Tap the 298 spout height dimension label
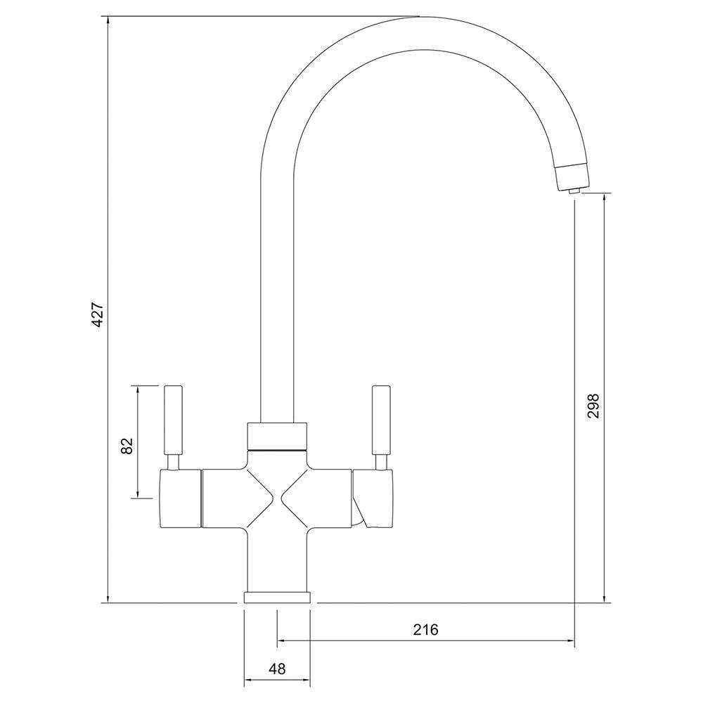(593, 406)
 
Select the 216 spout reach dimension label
(425, 629)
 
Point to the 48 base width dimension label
(277, 669)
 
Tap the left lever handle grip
(173, 420)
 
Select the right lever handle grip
(381, 420)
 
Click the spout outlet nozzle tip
(573, 191)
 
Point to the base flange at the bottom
(277, 598)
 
